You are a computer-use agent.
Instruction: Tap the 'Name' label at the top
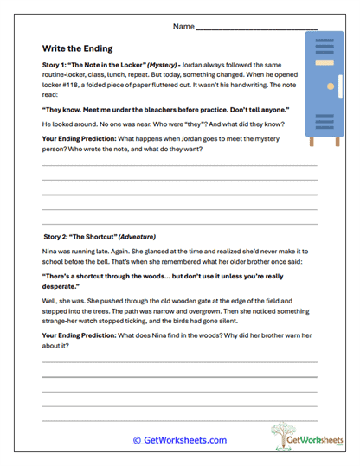(183, 27)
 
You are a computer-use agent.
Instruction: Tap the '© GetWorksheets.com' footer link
(179, 440)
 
